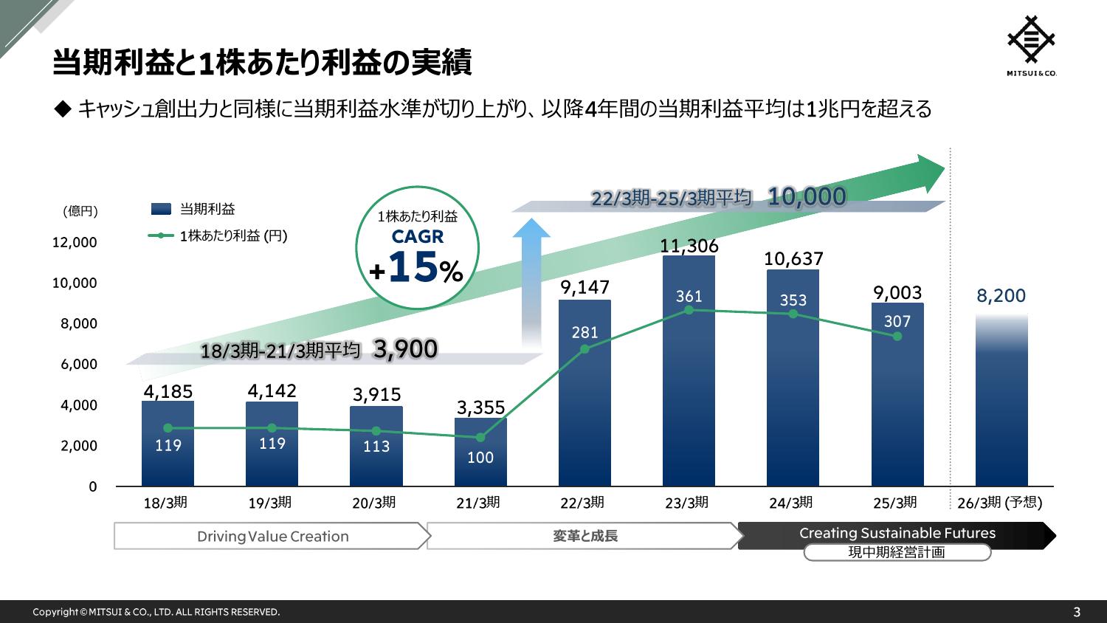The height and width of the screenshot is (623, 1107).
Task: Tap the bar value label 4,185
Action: (x=168, y=391)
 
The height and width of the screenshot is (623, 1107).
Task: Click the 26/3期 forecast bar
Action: (x=1001, y=402)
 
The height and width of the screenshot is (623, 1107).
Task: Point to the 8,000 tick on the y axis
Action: (x=74, y=323)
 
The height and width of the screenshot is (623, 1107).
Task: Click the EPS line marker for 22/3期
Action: (x=584, y=348)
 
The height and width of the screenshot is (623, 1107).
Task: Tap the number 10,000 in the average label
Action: (x=806, y=196)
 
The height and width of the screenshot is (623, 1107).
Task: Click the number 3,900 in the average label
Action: (x=405, y=349)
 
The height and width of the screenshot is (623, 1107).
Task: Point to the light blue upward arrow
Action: (x=531, y=280)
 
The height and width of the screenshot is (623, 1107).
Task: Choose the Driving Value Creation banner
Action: (x=272, y=537)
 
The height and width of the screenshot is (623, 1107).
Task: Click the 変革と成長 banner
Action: (x=584, y=537)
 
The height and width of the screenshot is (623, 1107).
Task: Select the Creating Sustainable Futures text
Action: (x=897, y=533)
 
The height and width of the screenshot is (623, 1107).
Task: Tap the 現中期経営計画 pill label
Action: (x=897, y=552)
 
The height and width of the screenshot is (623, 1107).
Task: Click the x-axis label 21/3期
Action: (x=477, y=503)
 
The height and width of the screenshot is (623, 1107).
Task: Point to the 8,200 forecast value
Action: (x=1001, y=296)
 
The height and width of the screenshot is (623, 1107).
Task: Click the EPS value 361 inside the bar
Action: (x=689, y=297)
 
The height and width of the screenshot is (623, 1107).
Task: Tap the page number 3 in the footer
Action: (x=1077, y=612)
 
